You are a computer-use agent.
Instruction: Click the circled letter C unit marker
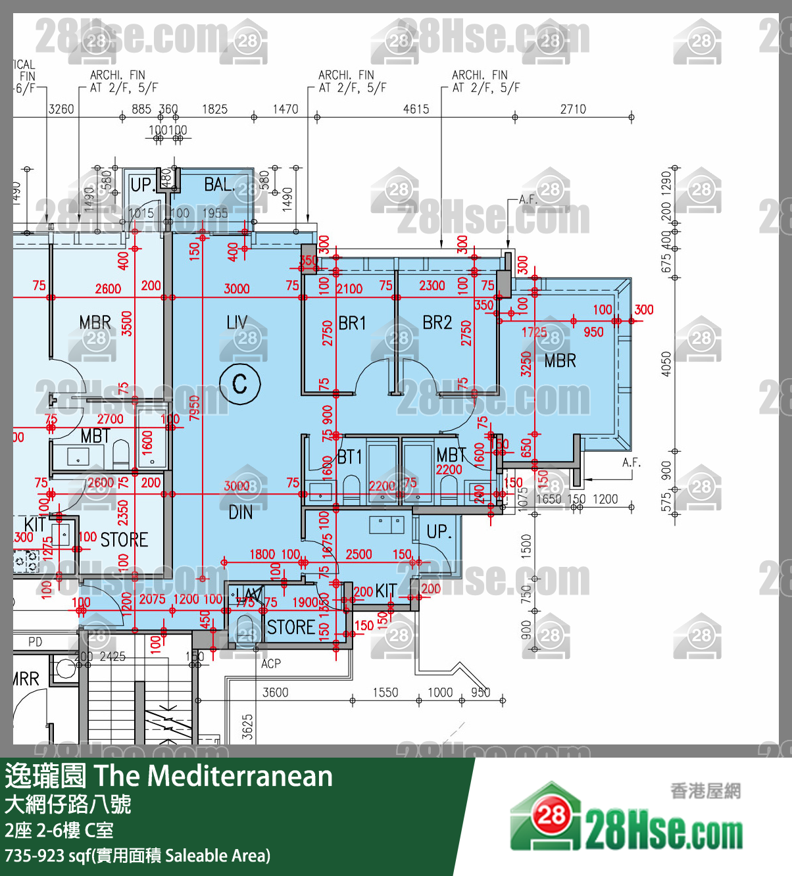pyautogui.click(x=240, y=383)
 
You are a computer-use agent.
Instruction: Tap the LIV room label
pyautogui.click(x=237, y=322)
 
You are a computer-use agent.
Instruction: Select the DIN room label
pyautogui.click(x=241, y=512)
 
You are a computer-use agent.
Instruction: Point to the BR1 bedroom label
pyautogui.click(x=353, y=323)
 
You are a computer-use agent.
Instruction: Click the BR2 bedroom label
pyautogui.click(x=437, y=322)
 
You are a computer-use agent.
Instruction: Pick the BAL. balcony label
pyautogui.click(x=219, y=185)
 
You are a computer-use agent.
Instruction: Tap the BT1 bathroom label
pyautogui.click(x=350, y=456)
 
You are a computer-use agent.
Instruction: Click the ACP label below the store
pyautogui.click(x=271, y=664)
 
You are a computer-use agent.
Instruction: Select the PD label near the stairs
pyautogui.click(x=36, y=642)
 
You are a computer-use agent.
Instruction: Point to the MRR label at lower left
pyautogui.click(x=26, y=679)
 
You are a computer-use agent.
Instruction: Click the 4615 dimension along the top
pyautogui.click(x=416, y=109)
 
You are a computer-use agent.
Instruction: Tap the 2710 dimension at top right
pyautogui.click(x=573, y=109)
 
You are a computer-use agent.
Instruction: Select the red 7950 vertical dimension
pyautogui.click(x=195, y=408)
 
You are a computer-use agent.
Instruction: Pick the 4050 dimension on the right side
pyautogui.click(x=666, y=364)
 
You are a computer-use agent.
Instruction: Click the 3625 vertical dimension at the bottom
pyautogui.click(x=247, y=727)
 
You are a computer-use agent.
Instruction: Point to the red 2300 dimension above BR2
pyautogui.click(x=432, y=285)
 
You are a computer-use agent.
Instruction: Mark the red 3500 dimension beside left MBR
pyautogui.click(x=127, y=324)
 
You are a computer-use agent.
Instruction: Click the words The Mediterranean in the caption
pyautogui.click(x=214, y=776)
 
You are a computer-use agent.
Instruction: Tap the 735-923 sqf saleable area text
pyautogui.click(x=137, y=856)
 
